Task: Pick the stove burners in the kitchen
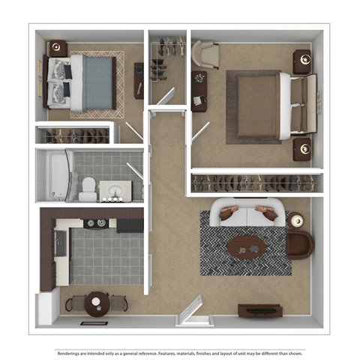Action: click(x=95, y=223)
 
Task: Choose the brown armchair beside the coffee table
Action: click(x=299, y=244)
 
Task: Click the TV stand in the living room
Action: click(x=259, y=309)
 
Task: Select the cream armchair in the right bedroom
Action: click(x=205, y=55)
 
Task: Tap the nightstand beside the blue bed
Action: click(x=58, y=49)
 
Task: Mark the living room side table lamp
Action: click(x=298, y=221)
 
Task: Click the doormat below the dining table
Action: click(x=94, y=323)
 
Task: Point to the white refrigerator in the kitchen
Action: click(x=47, y=307)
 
